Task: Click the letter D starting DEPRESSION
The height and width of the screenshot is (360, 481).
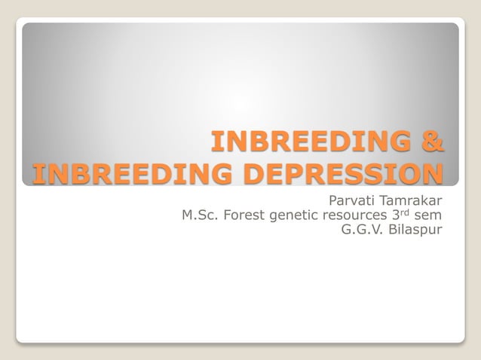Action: (x=240, y=173)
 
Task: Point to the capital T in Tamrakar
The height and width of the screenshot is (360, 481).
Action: (x=384, y=200)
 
